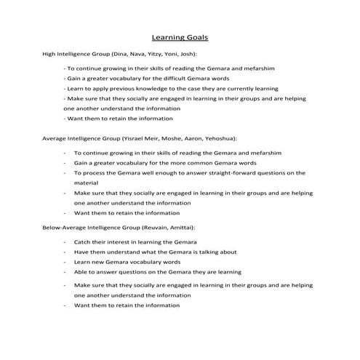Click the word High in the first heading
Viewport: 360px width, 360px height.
click(x=48, y=54)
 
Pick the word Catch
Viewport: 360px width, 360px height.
click(x=81, y=241)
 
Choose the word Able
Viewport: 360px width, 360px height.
click(x=80, y=271)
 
